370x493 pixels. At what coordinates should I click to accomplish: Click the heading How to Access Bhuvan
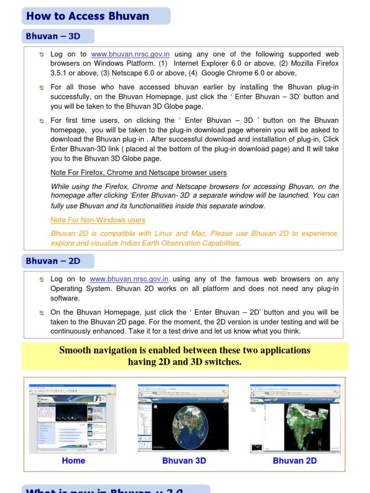point(88,16)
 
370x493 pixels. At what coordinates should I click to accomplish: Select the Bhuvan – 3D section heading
point(53,37)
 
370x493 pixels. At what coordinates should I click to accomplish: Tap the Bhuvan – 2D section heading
point(53,261)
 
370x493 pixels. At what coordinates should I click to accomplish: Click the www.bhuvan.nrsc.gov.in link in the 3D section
point(130,54)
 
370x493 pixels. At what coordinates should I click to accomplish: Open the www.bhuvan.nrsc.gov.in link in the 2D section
point(129,279)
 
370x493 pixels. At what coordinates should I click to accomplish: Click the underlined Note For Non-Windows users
point(98,220)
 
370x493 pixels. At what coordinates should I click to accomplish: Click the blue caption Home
point(73,461)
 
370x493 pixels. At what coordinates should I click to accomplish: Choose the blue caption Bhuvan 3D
point(184,461)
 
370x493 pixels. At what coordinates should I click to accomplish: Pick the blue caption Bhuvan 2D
point(294,461)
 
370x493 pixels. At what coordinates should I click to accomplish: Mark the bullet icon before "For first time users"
point(42,120)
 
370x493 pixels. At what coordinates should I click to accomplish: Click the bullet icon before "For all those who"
point(42,87)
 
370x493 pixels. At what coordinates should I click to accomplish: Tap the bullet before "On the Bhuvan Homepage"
point(42,312)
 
